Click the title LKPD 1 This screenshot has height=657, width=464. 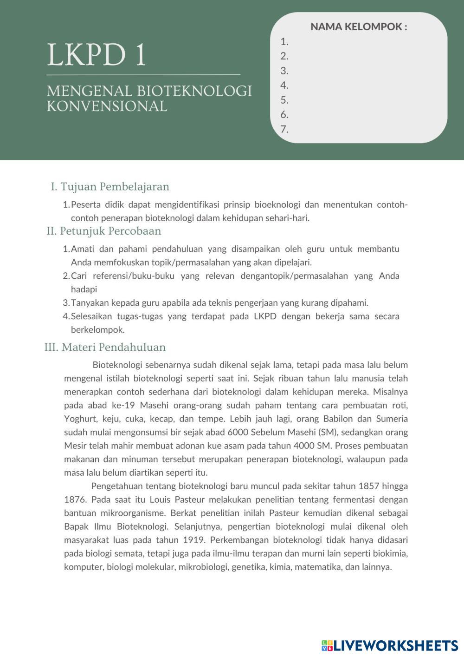point(97,55)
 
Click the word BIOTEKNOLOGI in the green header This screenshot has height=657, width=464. point(194,91)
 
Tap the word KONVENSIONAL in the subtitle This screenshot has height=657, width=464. point(107,106)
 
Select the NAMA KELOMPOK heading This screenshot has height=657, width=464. point(359,26)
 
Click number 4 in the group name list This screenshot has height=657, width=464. point(284,85)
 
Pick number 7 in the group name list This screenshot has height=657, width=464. point(284,130)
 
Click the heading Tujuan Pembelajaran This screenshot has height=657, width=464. point(115,187)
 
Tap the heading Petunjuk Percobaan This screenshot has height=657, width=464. point(110,231)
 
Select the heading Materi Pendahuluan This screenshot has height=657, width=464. point(113,347)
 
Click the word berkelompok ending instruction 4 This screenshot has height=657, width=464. point(97,330)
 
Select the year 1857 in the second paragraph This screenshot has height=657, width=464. point(369,486)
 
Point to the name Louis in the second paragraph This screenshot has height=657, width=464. point(160,499)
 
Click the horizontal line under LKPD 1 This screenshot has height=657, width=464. point(143,74)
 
